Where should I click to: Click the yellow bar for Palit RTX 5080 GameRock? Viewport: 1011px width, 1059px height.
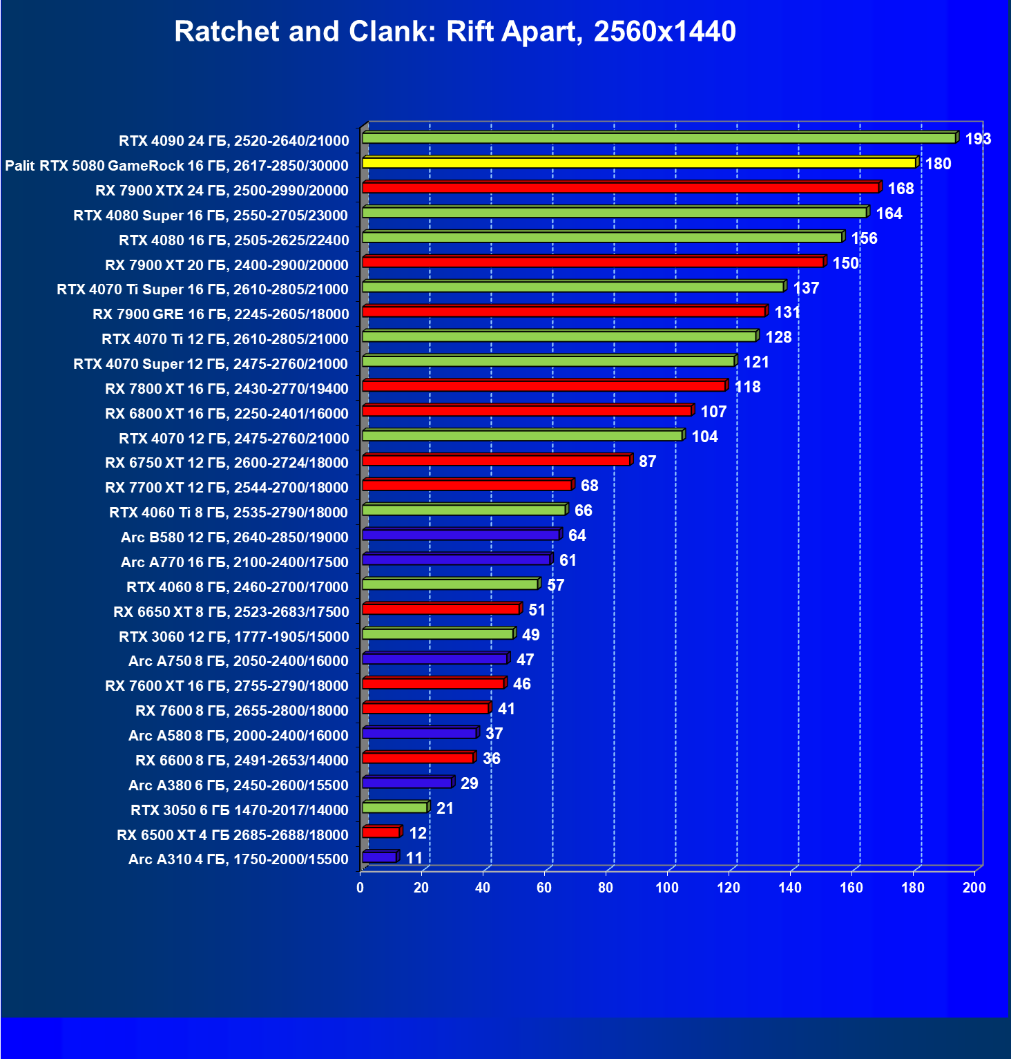(639, 163)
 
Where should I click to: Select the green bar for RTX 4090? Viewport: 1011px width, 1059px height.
(659, 138)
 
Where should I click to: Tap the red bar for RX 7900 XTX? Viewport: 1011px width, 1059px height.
(620, 188)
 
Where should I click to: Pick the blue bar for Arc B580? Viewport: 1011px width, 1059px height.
(461, 535)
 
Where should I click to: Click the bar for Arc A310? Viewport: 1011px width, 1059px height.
(379, 857)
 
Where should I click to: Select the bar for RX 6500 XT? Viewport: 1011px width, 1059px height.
(381, 832)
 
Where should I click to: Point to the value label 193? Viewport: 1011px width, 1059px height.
(978, 139)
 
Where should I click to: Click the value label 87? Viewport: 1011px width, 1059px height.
(647, 461)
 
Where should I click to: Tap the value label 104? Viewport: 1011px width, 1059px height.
(704, 437)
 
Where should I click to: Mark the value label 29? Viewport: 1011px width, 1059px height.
(469, 783)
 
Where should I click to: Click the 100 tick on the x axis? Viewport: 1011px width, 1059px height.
(667, 888)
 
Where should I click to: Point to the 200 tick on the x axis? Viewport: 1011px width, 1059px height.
(974, 888)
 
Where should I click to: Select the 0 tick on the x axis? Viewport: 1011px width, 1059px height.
(360, 888)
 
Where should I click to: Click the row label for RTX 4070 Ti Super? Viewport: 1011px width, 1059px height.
(202, 289)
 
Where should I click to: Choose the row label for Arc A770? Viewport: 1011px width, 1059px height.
(234, 562)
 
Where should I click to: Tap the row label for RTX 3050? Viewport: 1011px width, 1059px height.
(239, 810)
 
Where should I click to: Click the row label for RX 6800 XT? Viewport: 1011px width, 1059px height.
(227, 413)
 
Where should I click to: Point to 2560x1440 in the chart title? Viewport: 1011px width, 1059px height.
(664, 32)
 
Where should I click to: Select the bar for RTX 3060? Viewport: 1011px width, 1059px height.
(438, 634)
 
